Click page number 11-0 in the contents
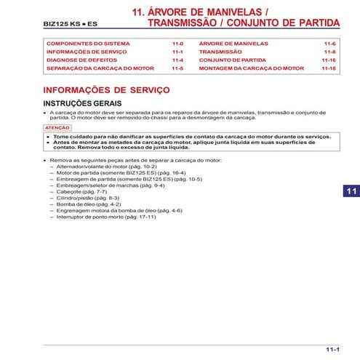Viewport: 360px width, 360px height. coord(177,44)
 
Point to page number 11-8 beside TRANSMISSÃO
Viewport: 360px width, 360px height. coord(329,52)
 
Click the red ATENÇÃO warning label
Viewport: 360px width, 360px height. coord(57,127)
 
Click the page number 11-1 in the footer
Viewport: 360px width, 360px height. coord(332,349)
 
